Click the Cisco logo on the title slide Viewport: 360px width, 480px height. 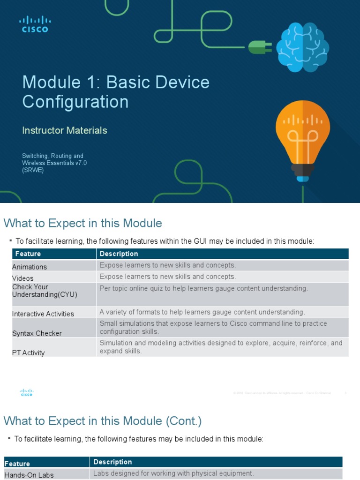(x=35, y=24)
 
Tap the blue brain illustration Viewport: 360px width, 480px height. (x=302, y=48)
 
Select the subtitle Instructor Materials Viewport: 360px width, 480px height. (x=65, y=130)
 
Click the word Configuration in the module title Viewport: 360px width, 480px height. (x=75, y=102)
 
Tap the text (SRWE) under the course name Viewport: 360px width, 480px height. (x=33, y=170)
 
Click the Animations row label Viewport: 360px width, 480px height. (x=30, y=267)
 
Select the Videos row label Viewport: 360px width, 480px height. (x=23, y=278)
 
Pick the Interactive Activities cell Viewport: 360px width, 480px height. (x=43, y=314)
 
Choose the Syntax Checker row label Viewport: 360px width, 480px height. (x=37, y=333)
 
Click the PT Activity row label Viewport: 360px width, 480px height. (x=29, y=352)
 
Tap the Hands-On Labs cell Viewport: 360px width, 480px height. (x=29, y=475)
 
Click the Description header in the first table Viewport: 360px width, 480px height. (x=119, y=254)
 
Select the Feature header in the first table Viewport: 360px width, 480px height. (x=28, y=254)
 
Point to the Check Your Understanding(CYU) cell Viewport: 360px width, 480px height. (x=45, y=291)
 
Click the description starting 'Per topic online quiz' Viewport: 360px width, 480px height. (x=203, y=288)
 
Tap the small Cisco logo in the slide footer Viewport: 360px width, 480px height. (x=27, y=393)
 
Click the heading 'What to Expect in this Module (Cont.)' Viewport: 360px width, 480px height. (x=103, y=421)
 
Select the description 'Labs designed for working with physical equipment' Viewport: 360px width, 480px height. (x=173, y=473)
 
